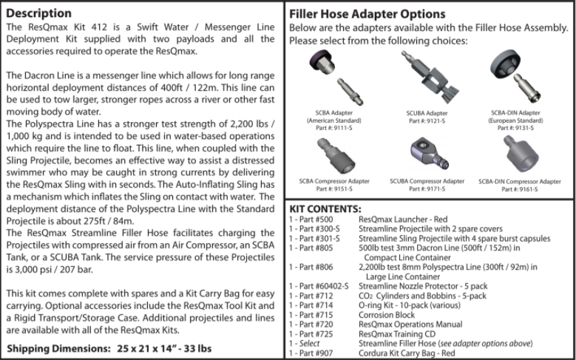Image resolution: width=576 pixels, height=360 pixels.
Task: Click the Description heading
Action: point(39,13)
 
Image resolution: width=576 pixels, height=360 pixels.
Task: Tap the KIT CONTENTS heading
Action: point(325,209)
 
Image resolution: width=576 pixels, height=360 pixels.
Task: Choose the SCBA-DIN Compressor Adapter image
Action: point(519,154)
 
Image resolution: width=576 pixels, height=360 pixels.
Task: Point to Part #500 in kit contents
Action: point(317,220)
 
